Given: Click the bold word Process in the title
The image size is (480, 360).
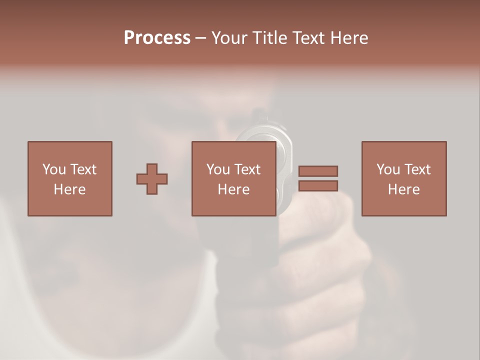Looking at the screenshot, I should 157,38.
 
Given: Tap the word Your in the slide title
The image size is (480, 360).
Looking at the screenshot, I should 228,38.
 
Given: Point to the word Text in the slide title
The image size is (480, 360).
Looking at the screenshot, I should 308,38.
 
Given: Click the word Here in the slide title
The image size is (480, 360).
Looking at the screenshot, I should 349,38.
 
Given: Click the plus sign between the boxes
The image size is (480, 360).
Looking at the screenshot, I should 152,179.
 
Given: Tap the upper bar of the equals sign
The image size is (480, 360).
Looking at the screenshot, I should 318,171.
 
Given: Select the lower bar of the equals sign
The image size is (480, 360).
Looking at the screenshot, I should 318,186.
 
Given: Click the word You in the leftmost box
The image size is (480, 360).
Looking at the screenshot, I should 54,169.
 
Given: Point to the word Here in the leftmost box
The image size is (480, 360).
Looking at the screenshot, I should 69,189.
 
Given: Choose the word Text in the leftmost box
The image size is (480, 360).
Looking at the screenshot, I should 83,169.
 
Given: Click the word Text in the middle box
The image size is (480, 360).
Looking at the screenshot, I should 247,169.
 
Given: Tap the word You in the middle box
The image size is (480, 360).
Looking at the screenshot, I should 218,169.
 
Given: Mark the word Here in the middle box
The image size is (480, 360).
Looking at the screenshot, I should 233,189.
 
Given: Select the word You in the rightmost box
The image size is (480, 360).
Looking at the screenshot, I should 388,169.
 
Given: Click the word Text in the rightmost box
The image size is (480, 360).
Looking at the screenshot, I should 417,169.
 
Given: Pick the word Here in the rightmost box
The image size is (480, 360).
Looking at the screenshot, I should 403,189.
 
